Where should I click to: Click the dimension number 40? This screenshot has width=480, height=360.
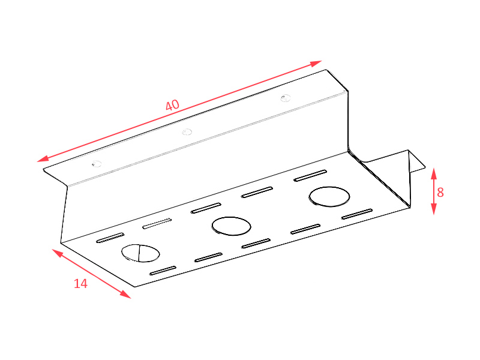172,106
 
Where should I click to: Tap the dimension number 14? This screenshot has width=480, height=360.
81,284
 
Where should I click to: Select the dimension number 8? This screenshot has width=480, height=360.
440,193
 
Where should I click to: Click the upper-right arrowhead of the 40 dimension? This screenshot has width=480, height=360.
316,63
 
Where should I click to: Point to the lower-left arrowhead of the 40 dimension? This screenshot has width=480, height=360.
43,158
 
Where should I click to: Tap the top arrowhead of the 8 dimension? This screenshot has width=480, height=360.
434,173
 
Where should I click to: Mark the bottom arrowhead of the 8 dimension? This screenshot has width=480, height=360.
434,209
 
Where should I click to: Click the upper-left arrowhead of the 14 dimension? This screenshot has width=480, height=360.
58,253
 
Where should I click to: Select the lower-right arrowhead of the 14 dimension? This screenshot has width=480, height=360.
125,294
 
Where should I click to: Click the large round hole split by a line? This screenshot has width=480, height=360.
140,253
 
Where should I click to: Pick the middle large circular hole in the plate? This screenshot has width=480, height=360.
231,226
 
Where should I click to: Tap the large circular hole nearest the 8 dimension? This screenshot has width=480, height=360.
329,197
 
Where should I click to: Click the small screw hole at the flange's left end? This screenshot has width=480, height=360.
97,164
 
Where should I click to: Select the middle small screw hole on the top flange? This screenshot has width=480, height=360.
187,132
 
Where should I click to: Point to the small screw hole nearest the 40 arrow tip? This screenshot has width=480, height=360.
286,98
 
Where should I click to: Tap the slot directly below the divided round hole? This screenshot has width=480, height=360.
163,271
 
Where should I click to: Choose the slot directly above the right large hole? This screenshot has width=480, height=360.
310,176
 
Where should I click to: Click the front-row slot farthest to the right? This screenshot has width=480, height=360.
357,214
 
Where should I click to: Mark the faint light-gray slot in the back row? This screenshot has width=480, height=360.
157,223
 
